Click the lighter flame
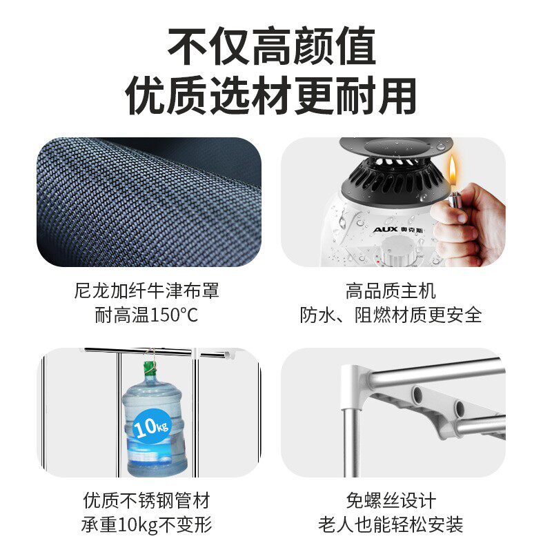[x=452, y=168]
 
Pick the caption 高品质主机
[x=391, y=290]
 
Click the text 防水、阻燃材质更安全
[x=391, y=315]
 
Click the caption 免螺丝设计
[x=391, y=500]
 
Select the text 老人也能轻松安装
[x=391, y=524]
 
